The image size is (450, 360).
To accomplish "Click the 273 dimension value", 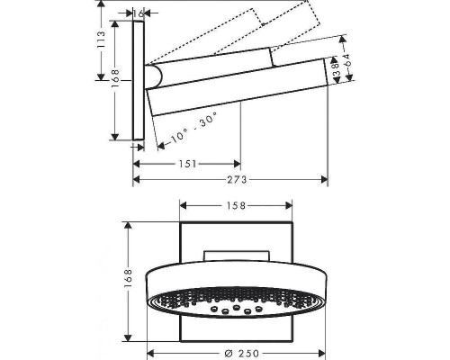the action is click(x=237, y=180).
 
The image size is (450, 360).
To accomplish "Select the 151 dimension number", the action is click(x=188, y=164).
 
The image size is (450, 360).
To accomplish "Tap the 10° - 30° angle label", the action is click(x=194, y=129).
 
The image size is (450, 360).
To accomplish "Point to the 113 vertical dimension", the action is click(x=102, y=39).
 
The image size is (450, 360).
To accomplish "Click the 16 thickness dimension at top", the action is click(x=139, y=13).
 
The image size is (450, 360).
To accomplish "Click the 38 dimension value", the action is click(x=337, y=69).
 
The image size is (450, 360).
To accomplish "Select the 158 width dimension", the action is click(x=236, y=205).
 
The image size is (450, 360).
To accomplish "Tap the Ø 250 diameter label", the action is click(x=242, y=353).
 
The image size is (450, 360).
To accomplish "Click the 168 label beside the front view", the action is click(x=128, y=279).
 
